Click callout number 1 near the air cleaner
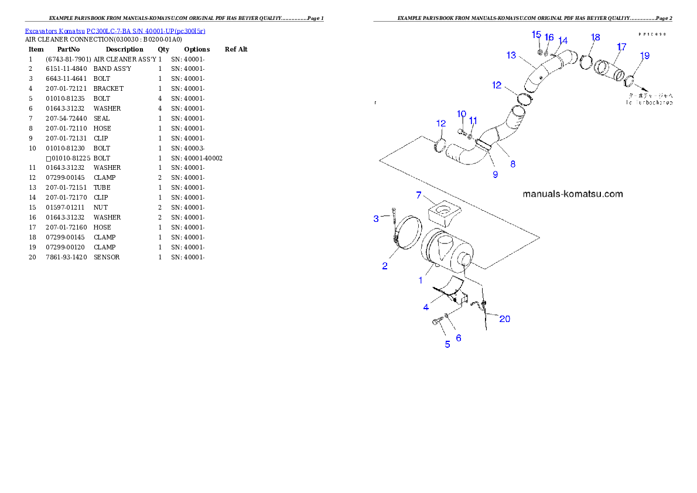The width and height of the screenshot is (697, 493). [420, 280]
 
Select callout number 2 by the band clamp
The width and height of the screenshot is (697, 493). [385, 266]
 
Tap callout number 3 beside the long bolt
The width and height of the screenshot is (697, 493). [377, 219]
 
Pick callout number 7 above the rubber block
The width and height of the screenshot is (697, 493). [419, 195]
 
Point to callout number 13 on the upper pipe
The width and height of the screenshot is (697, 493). [511, 55]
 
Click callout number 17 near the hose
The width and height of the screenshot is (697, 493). [621, 47]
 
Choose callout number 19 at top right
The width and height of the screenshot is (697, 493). [644, 56]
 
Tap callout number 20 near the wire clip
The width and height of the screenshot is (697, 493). [504, 319]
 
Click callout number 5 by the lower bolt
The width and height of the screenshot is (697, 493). [447, 344]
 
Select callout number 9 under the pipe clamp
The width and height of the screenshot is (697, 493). [495, 174]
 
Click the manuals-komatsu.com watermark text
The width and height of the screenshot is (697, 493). [572, 194]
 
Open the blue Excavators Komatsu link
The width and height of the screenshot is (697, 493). [115, 31]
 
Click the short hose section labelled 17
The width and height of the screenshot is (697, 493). [609, 73]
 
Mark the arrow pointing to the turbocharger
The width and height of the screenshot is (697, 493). [642, 90]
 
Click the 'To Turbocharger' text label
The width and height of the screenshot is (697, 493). [650, 102]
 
